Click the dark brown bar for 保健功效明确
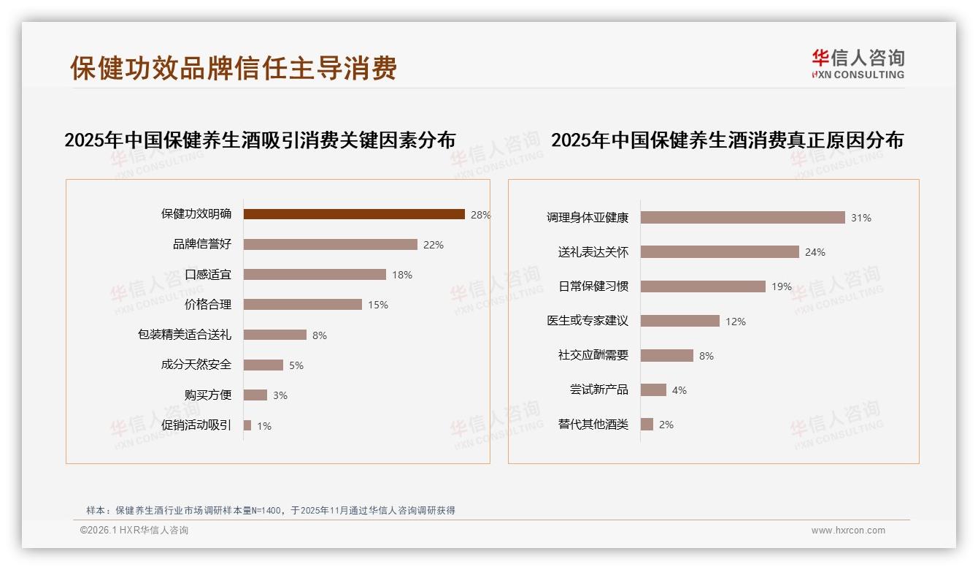click(x=354, y=214)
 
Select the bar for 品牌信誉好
click(x=330, y=244)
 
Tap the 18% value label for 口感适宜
click(x=402, y=275)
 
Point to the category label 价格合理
click(x=207, y=305)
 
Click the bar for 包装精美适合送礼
click(x=274, y=335)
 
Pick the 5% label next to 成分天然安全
click(x=296, y=365)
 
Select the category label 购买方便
click(x=207, y=395)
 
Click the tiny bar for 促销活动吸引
click(x=247, y=425)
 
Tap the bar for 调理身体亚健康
click(x=742, y=218)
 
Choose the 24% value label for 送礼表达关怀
click(x=815, y=252)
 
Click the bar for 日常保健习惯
click(x=703, y=286)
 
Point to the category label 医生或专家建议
click(x=588, y=321)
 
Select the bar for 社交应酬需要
click(x=666, y=355)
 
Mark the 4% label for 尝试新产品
click(x=679, y=390)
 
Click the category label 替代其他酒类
click(x=593, y=425)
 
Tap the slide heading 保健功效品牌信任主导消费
click(x=234, y=68)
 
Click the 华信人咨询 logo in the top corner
click(x=858, y=64)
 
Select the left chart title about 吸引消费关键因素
click(x=260, y=140)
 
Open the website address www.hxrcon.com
click(x=848, y=531)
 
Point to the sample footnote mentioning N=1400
click(x=271, y=511)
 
